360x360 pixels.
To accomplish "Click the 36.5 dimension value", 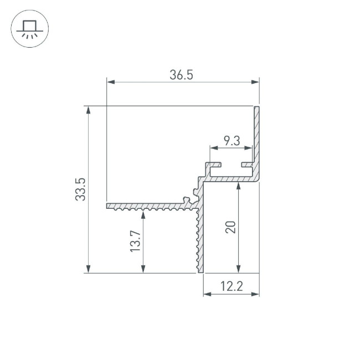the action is tap(181, 75).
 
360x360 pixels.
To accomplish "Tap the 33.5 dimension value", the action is tap(80, 189).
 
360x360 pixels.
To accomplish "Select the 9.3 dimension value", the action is tap(232, 141).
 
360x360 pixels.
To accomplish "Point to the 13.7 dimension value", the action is tap(135, 241).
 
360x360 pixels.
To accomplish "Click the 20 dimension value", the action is tap(230, 227).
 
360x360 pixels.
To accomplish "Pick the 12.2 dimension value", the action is tap(232, 286).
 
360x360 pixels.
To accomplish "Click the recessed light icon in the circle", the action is tap(29, 29).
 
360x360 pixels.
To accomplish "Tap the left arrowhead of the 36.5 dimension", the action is tap(111, 82).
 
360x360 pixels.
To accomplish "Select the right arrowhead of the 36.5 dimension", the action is tap(255, 82).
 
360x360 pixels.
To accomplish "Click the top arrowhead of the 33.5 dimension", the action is tap(88, 110).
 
